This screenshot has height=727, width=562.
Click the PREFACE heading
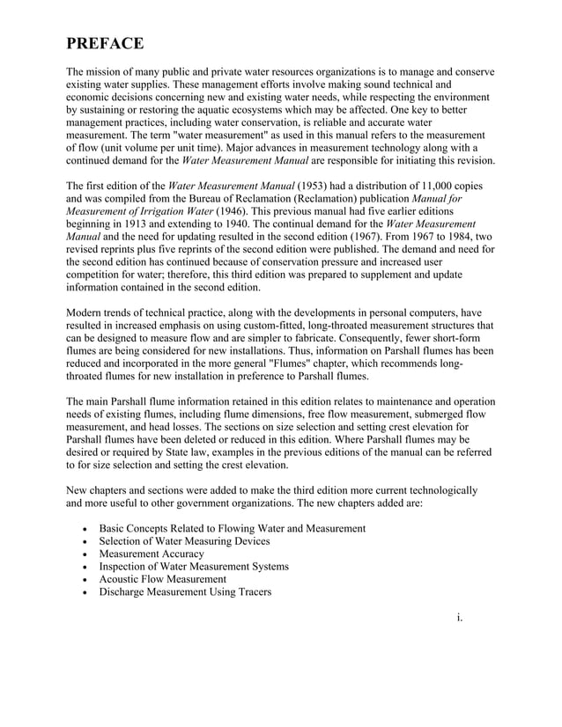tap(105, 44)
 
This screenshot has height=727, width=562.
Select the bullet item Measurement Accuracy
tap(152, 554)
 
